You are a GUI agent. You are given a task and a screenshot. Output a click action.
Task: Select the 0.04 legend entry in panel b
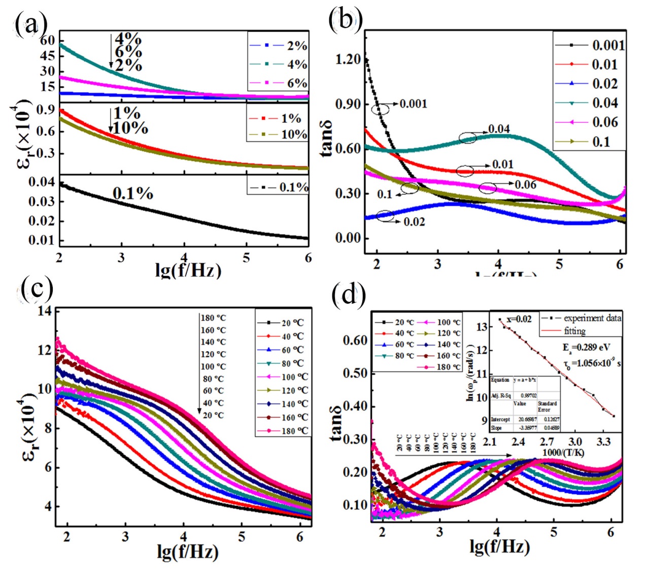tap(605, 103)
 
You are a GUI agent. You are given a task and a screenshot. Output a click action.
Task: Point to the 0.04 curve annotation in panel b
tap(499, 129)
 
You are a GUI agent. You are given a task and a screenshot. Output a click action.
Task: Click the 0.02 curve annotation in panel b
tap(414, 222)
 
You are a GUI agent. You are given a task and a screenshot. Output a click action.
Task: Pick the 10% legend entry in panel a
tap(293, 134)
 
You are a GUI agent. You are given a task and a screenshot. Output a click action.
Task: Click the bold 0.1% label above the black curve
tap(133, 193)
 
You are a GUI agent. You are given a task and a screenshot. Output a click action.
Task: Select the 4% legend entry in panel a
tap(296, 64)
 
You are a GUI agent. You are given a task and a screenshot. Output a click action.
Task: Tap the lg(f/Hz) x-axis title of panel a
tap(188, 269)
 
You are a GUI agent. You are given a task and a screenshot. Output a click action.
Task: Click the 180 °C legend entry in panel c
tap(294, 431)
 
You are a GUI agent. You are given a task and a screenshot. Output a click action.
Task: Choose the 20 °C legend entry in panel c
tap(292, 323)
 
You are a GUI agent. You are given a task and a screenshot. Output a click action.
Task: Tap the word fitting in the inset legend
tap(575, 331)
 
